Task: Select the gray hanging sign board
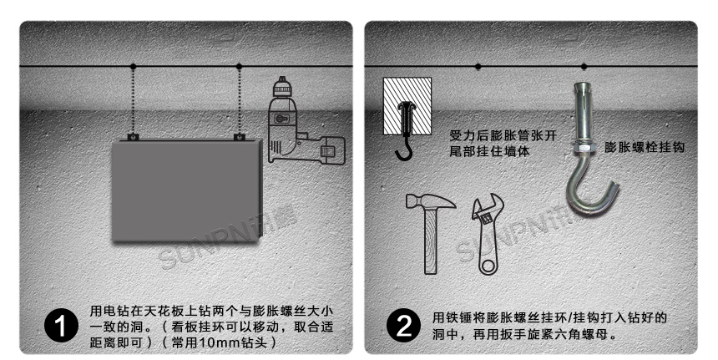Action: tap(188, 190)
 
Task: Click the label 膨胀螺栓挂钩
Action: tap(645, 146)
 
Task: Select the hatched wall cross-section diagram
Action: tap(407, 107)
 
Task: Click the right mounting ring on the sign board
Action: tap(240, 136)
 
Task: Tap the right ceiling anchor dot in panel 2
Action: tap(584, 66)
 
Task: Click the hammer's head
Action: tap(429, 201)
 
